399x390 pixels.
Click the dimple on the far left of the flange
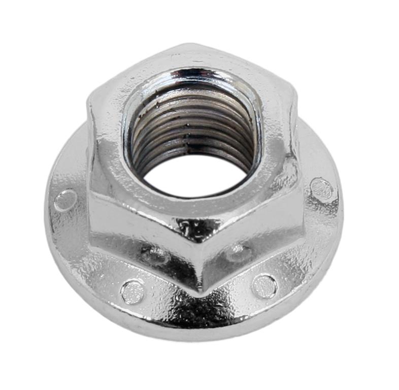[x=65, y=200]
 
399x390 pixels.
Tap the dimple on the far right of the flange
[x=322, y=189]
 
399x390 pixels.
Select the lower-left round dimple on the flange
[x=132, y=291]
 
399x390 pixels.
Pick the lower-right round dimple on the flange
[x=264, y=285]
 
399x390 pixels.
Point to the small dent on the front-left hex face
[x=155, y=254]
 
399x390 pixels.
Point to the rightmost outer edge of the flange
[x=341, y=203]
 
